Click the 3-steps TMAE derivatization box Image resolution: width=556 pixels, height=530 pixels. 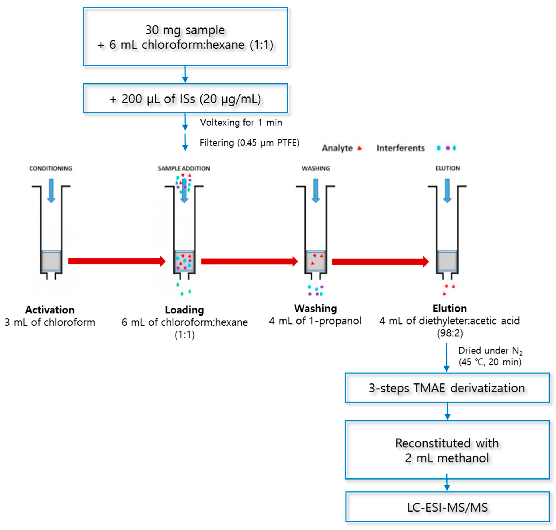click(447, 388)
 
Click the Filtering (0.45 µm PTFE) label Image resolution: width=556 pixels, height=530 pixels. click(249, 143)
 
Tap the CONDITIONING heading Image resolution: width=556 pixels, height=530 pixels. click(51, 168)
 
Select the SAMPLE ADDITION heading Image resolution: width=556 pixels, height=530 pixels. click(184, 168)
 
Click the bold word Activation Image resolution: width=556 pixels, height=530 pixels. click(50, 310)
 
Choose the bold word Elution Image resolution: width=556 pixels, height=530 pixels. click(450, 308)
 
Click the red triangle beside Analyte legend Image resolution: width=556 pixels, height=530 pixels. click(359, 148)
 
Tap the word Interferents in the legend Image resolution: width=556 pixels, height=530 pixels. click(401, 148)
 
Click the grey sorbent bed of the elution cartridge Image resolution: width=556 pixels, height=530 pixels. click(447, 261)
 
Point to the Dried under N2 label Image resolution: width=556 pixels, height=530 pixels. click(490, 351)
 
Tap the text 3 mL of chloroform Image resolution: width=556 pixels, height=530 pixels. click(50, 322)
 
